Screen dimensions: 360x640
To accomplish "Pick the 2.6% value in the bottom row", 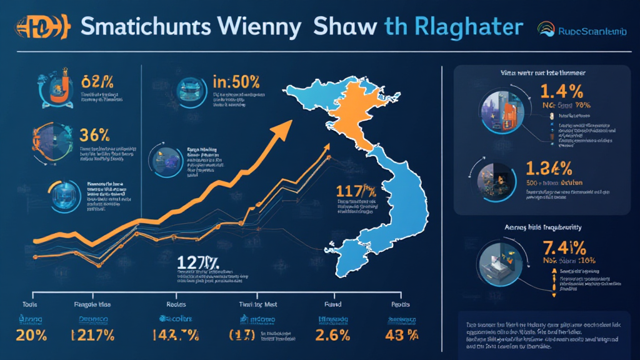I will [329, 334].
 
